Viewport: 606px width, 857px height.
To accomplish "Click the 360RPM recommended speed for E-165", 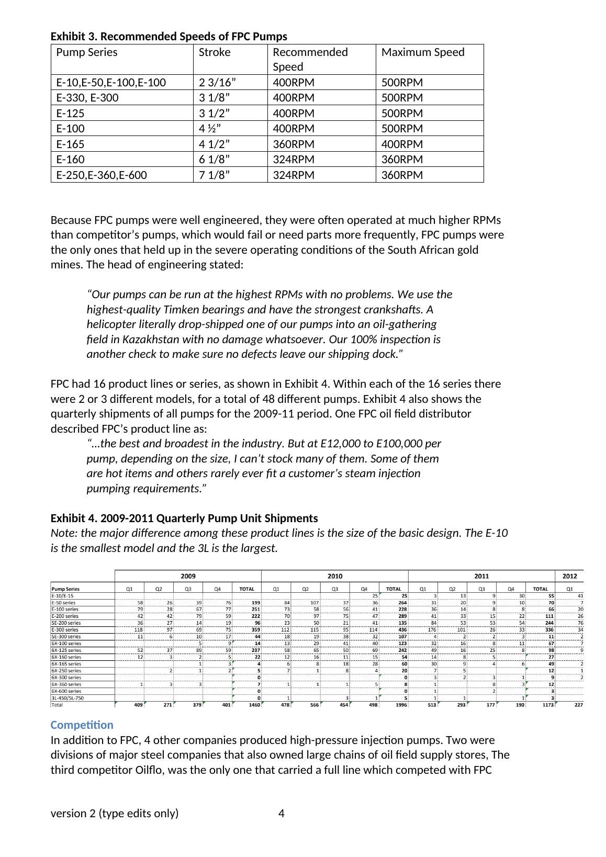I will pos(294,144).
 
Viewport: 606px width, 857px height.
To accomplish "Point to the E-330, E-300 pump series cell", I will pos(87,98).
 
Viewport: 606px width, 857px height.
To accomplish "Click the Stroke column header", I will pos(215,52).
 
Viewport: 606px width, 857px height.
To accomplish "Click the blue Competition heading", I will pos(82,725).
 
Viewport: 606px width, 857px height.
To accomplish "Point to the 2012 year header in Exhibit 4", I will pos(569,576).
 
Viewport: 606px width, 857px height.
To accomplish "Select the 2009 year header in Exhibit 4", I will pos(188,576).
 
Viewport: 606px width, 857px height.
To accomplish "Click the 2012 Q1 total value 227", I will pos(578,705).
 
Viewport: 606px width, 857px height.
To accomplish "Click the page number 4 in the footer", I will pos(282,813).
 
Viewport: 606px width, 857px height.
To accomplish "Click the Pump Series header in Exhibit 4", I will pos(65,589).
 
